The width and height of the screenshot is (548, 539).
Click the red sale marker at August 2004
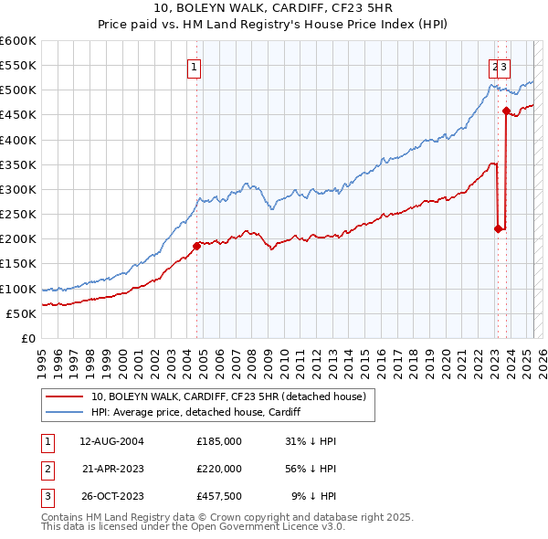(196, 246)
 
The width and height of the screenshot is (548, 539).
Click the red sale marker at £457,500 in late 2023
(506, 111)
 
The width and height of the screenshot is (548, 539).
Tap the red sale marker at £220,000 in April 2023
(498, 228)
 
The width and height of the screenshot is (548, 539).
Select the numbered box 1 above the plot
(195, 66)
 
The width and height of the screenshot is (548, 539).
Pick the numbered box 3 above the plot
(504, 66)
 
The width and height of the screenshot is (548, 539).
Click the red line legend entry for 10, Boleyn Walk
(228, 396)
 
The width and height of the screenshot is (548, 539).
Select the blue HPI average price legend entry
(196, 412)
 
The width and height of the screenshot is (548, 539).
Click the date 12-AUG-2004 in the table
(112, 440)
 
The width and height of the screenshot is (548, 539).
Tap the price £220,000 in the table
(219, 469)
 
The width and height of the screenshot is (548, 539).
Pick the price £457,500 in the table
(219, 497)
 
